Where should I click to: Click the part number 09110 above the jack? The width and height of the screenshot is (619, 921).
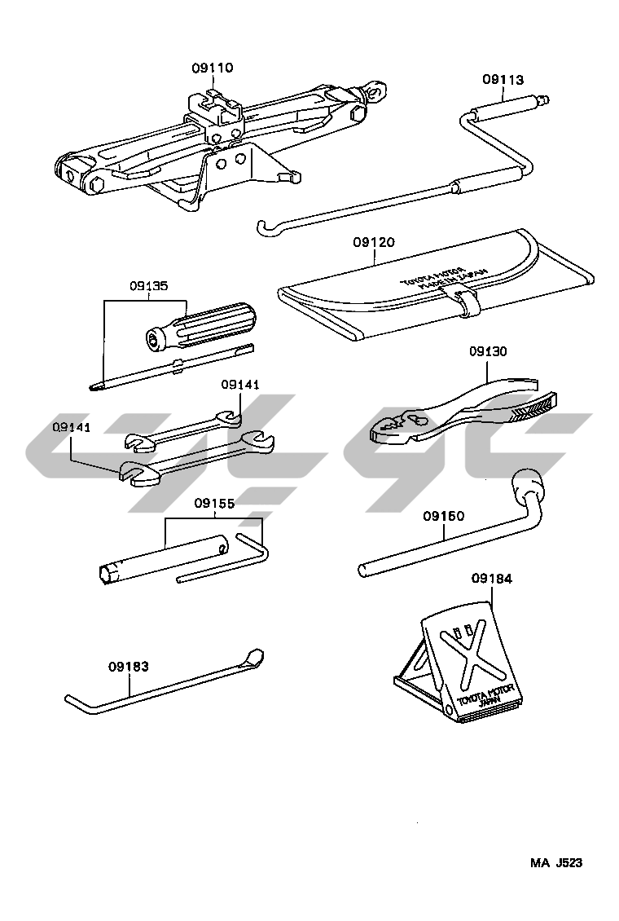click(212, 69)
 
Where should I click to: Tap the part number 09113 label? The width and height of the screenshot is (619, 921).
click(503, 80)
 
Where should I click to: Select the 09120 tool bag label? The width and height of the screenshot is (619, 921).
click(374, 242)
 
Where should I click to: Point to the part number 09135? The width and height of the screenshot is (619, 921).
click(148, 287)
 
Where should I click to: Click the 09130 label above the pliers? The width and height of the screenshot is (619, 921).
click(488, 352)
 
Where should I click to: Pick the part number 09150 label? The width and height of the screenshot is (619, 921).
click(443, 516)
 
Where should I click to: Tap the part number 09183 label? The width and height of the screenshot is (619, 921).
click(129, 666)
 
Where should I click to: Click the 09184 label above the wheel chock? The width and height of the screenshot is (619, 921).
click(492, 579)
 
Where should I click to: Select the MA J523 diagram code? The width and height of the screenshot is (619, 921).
click(557, 862)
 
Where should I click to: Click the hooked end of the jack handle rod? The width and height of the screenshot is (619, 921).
click(260, 225)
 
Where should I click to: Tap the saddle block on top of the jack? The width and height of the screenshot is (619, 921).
click(215, 108)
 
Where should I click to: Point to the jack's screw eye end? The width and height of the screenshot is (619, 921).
click(376, 92)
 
